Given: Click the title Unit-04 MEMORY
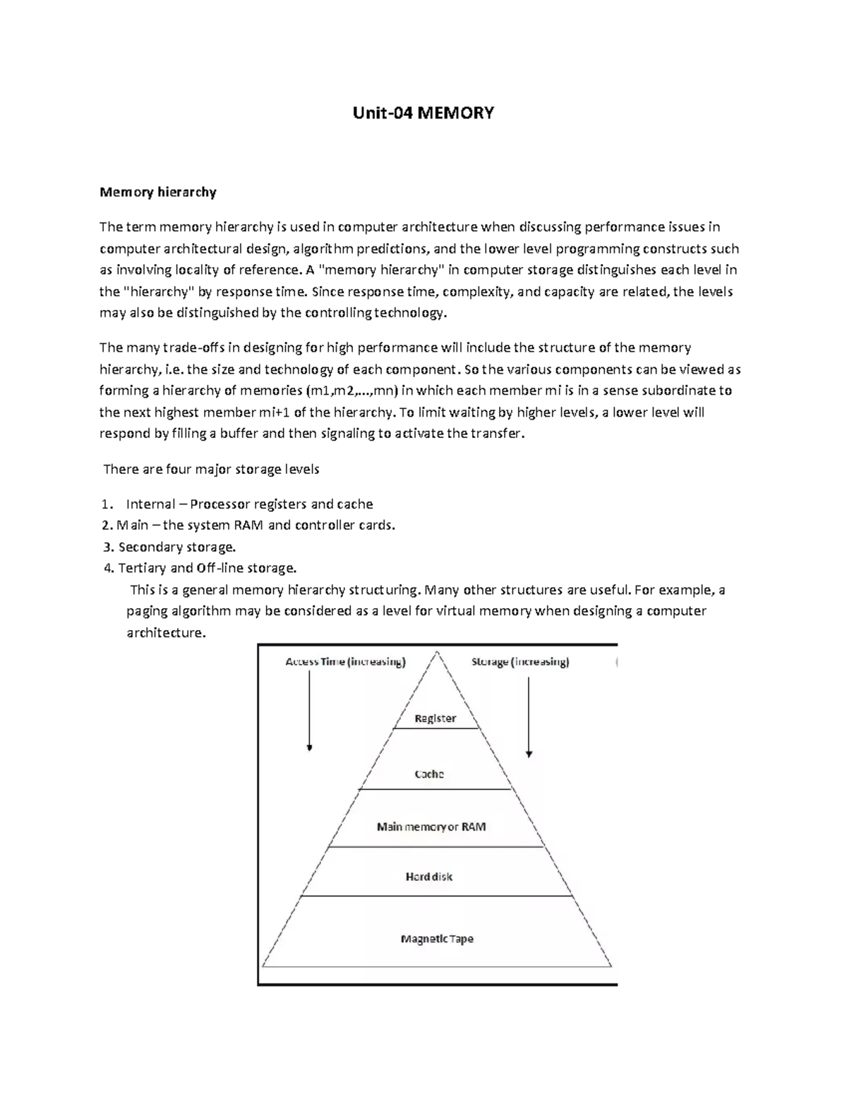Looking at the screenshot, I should click(x=423, y=113).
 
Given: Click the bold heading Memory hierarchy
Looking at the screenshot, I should click(x=157, y=192).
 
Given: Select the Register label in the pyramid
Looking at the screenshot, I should click(x=435, y=718).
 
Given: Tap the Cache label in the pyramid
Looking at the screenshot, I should click(x=429, y=774).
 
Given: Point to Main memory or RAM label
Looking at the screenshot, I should click(x=431, y=826).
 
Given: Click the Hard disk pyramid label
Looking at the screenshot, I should click(x=429, y=877).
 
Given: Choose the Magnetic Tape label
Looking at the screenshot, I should click(x=437, y=939).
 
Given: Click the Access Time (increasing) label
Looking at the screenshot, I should click(x=345, y=662).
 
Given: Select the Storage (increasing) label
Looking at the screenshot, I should click(x=520, y=662).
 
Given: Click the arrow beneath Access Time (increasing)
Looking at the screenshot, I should click(x=309, y=710).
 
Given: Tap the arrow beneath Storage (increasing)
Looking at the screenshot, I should click(x=529, y=713).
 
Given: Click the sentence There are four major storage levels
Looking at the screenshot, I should click(x=211, y=469).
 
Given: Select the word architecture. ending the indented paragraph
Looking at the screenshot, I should click(x=166, y=633).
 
